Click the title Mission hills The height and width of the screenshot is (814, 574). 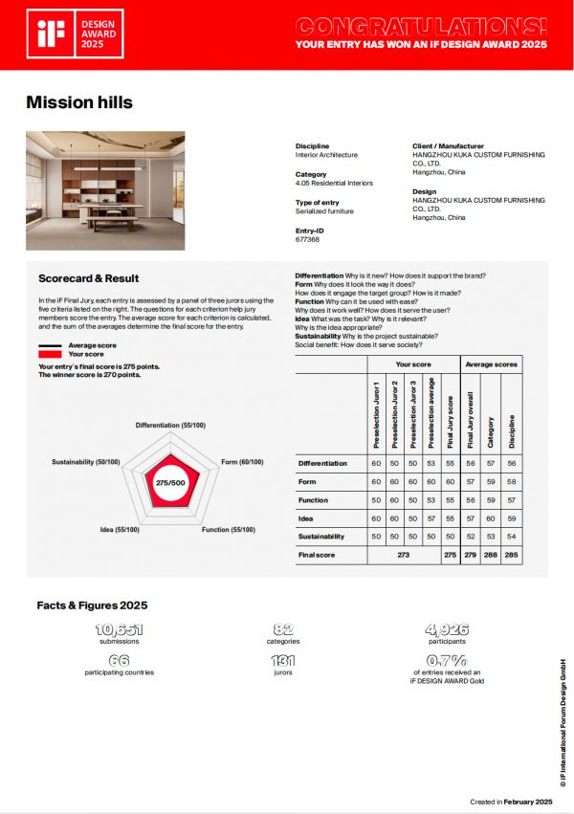coord(79,102)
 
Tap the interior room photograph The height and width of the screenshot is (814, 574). coord(105,190)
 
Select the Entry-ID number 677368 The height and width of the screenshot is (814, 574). coord(308,239)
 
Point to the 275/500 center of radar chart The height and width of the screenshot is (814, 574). coord(170,483)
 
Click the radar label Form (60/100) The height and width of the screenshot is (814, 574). coord(242,461)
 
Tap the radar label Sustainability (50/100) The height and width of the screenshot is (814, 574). coord(86,461)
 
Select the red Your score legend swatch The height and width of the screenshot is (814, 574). coord(50,354)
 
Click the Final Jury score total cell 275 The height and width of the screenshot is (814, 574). coord(450,554)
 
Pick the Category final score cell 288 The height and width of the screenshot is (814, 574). coord(491,554)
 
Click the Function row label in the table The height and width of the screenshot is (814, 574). coord(314,500)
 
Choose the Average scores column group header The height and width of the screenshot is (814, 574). coord(492,364)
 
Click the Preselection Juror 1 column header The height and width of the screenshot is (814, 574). coord(376,413)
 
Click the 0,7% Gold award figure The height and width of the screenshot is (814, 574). coord(446,661)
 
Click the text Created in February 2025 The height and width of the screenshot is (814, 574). coord(512,801)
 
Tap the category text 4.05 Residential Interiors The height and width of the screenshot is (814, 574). coord(334,183)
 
